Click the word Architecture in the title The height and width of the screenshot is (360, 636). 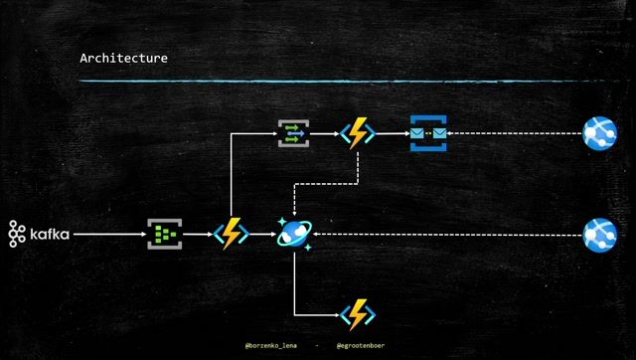[123, 59]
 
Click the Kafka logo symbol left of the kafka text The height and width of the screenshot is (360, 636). [17, 234]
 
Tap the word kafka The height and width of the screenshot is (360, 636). [50, 234]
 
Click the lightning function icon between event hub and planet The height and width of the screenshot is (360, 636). [230, 234]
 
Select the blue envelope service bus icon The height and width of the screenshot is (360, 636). [428, 132]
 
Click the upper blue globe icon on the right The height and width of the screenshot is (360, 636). [599, 132]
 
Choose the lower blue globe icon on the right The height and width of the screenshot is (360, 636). [599, 235]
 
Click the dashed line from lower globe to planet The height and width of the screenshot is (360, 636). [447, 235]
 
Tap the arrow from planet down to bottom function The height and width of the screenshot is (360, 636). [295, 288]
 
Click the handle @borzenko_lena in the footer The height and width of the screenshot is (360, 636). [271, 347]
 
